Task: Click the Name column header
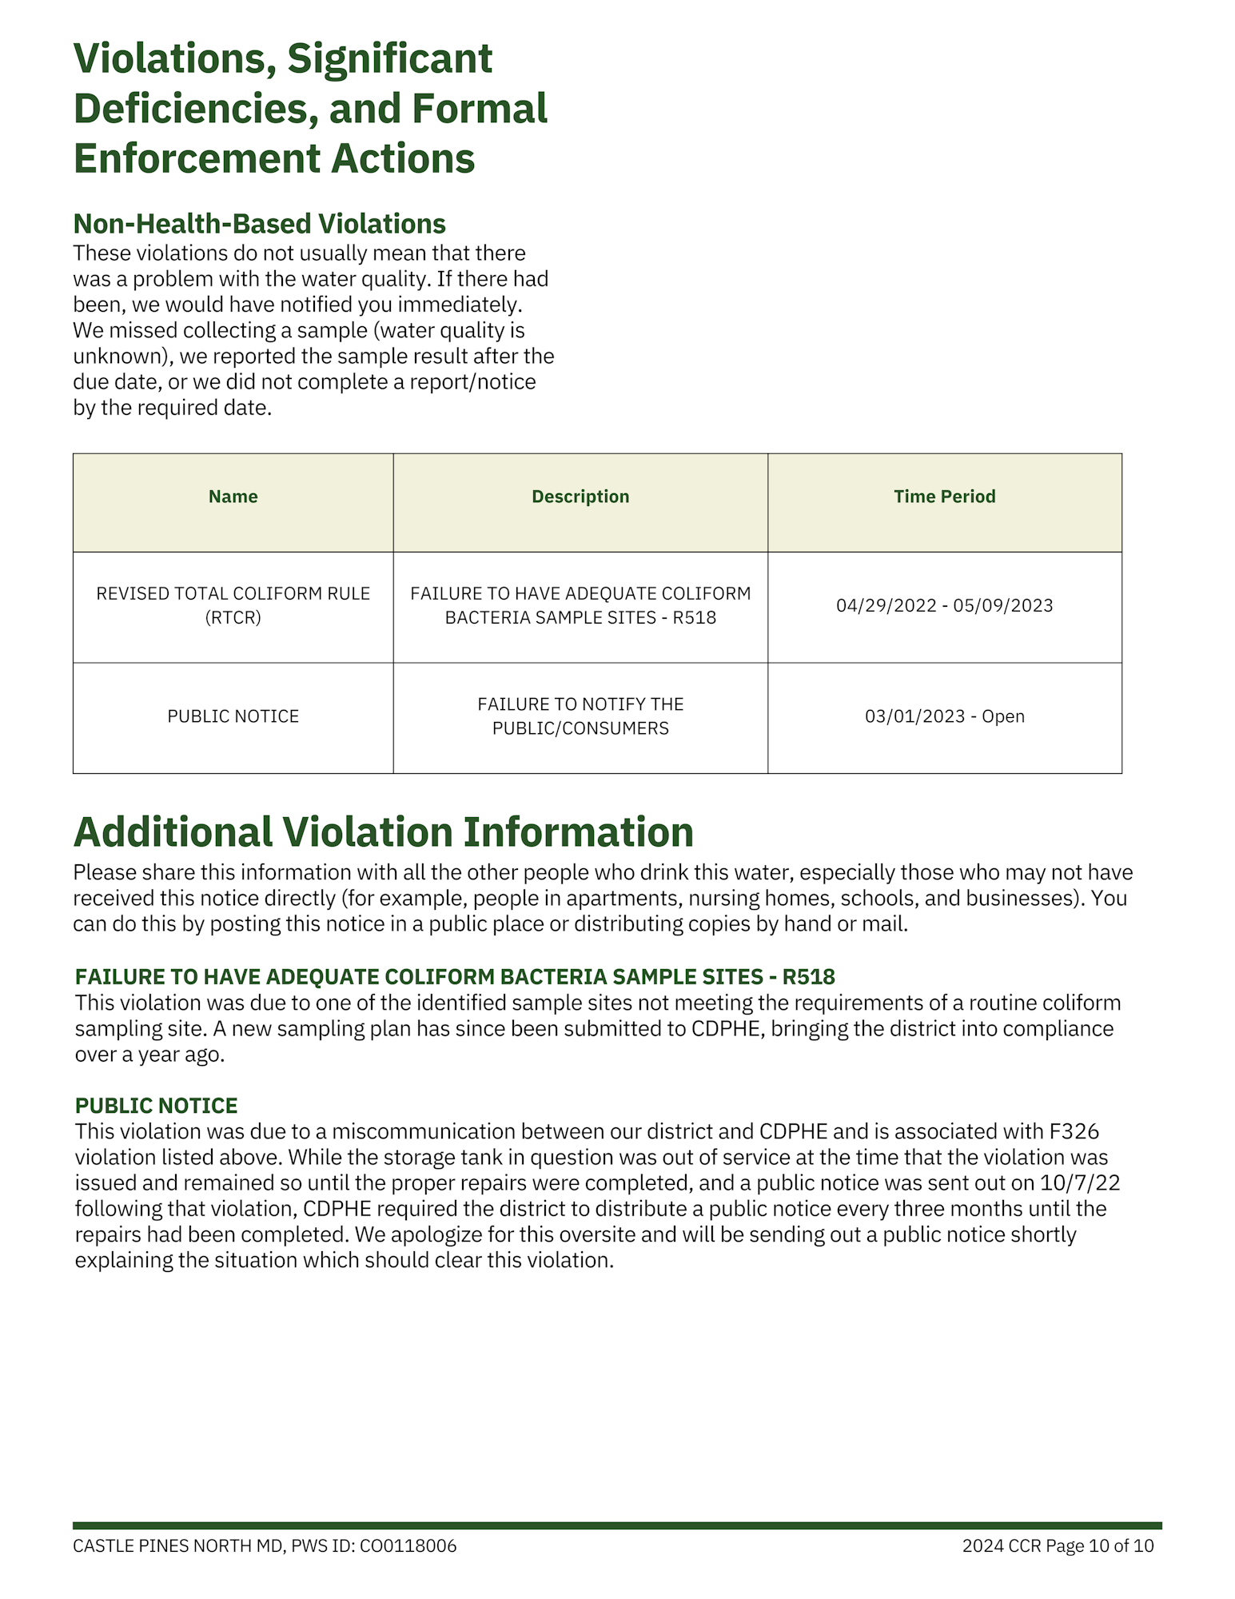(233, 496)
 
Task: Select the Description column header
(580, 496)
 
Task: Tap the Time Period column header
(944, 496)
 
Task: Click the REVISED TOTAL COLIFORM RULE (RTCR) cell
(233, 605)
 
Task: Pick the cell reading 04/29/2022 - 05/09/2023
(944, 605)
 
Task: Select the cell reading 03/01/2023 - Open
(944, 716)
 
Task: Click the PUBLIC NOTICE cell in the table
(233, 716)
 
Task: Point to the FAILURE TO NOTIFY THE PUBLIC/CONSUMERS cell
(580, 716)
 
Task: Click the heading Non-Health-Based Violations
(259, 224)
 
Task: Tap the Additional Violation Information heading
(383, 832)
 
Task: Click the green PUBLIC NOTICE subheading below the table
(156, 1106)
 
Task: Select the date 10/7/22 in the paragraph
(1080, 1182)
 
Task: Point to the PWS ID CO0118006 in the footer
(408, 1546)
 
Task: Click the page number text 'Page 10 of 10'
(1099, 1546)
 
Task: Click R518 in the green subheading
(808, 977)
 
